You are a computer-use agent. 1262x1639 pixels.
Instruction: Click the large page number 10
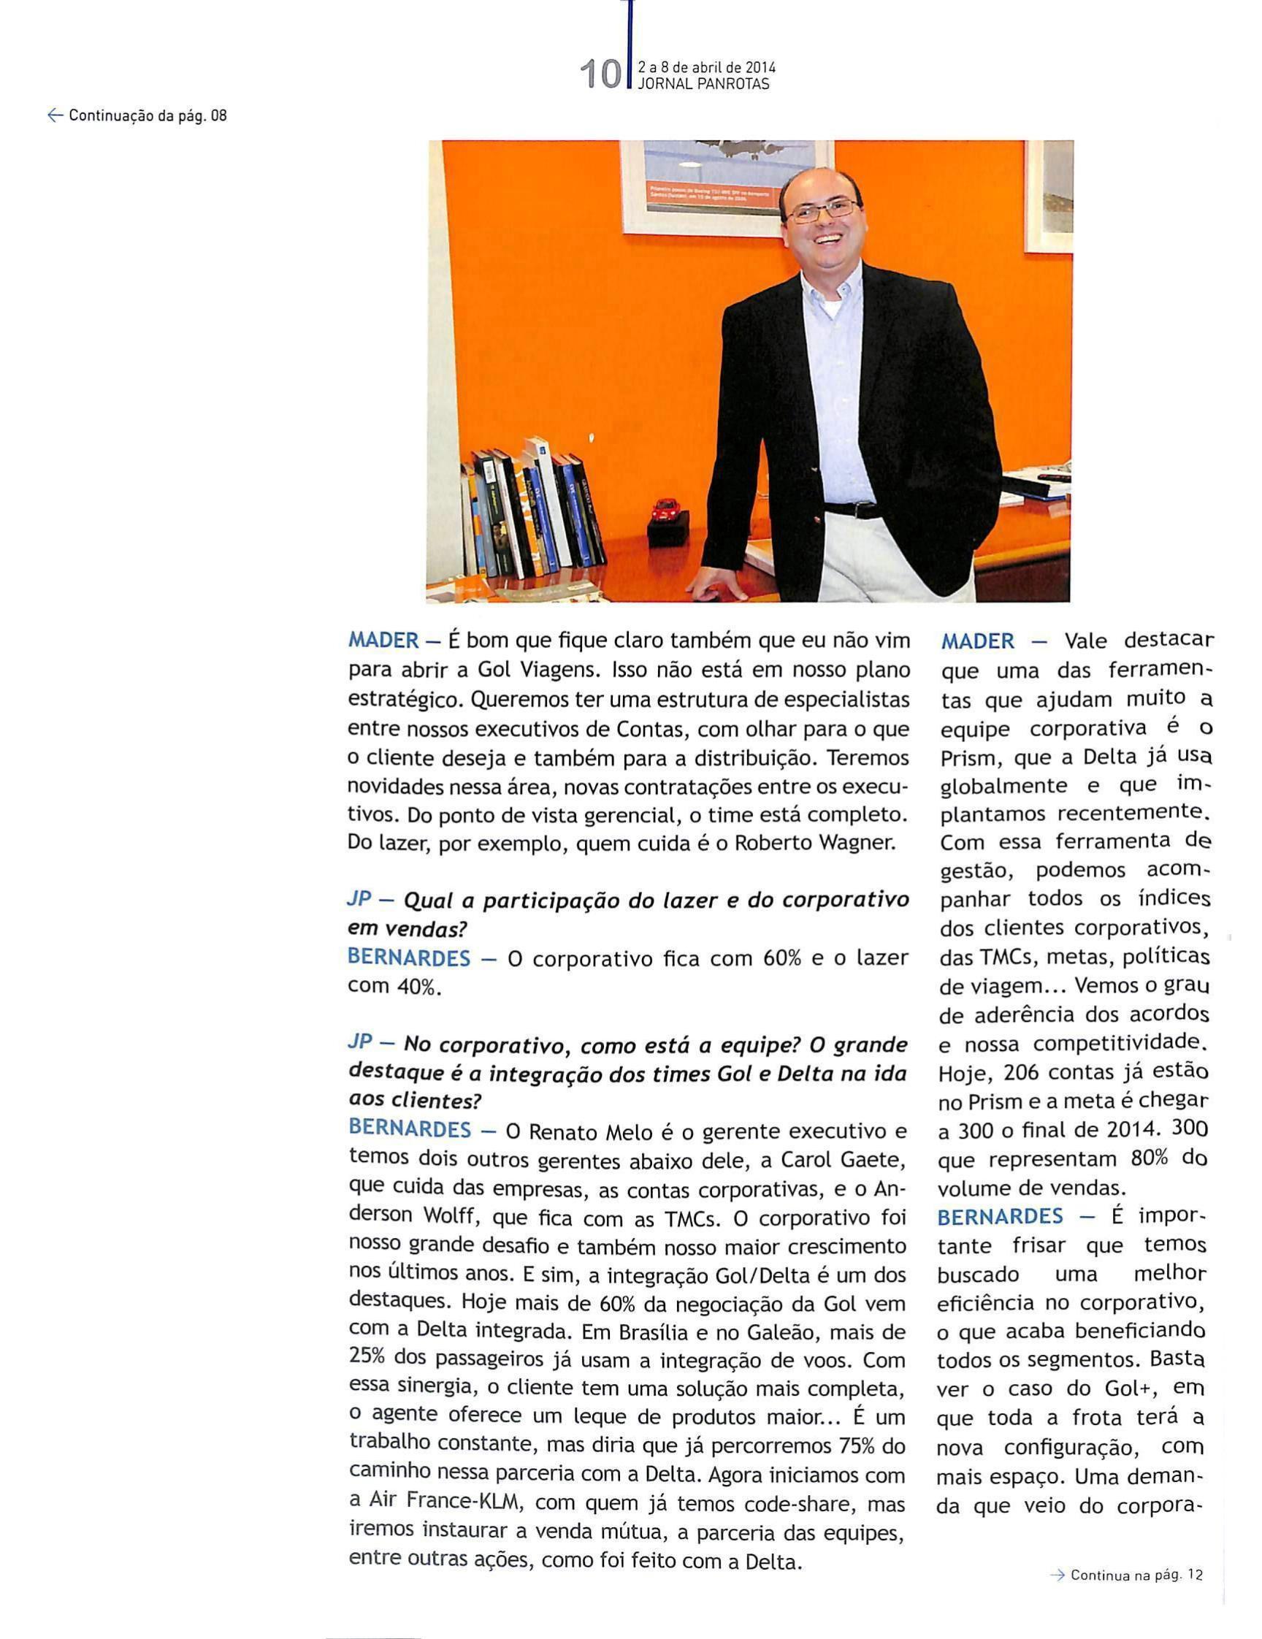601,75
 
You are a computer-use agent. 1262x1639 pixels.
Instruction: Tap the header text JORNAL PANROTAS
703,85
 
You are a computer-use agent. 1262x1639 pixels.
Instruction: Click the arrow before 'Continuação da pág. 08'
54,115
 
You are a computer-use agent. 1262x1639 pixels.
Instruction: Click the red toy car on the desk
665,510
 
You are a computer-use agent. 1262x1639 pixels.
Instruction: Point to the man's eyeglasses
820,212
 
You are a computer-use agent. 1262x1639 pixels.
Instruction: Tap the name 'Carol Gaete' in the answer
840,1161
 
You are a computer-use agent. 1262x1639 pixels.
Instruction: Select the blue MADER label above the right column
978,641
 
